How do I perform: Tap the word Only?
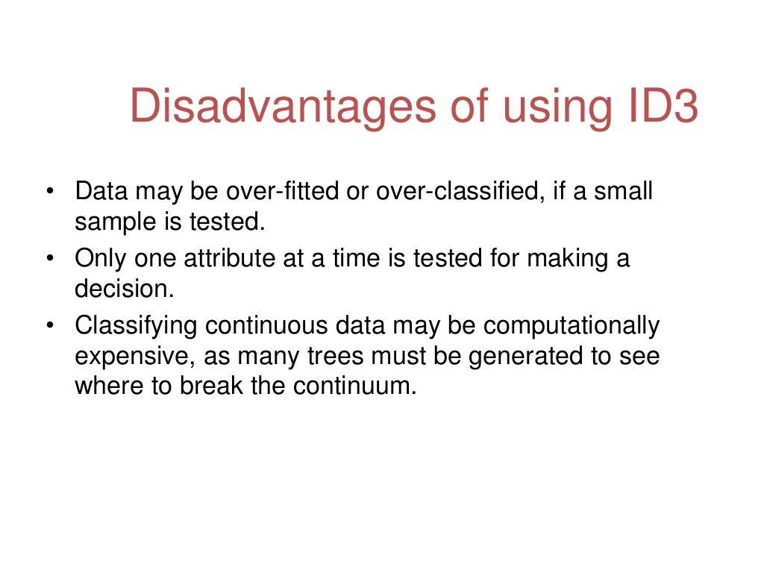click(x=101, y=260)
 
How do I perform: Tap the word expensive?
click(x=136, y=357)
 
